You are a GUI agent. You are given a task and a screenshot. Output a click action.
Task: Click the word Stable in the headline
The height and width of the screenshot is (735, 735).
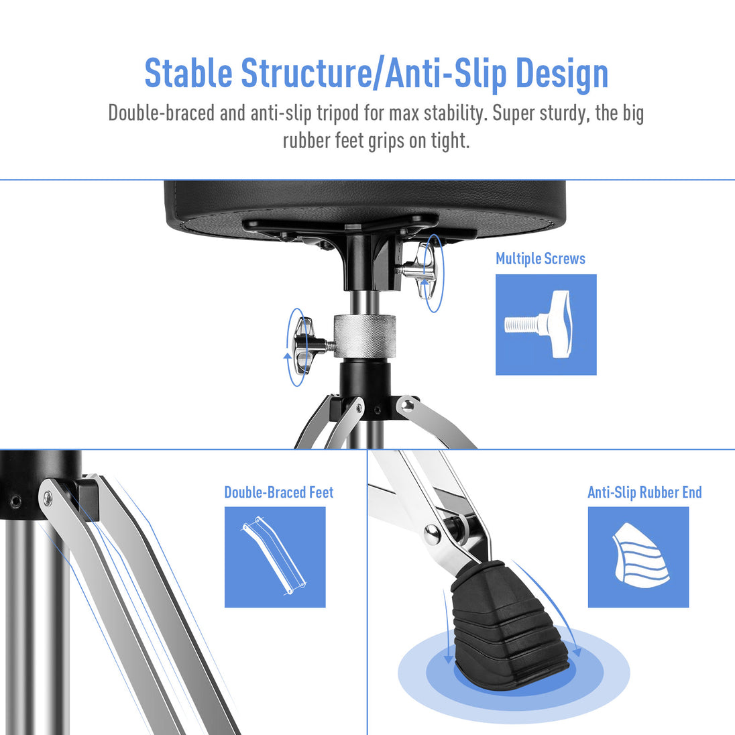tap(188, 73)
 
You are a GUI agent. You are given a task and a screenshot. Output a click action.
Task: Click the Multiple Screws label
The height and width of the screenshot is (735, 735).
tap(541, 259)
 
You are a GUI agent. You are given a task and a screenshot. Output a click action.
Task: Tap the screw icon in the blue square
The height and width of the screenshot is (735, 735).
tap(538, 325)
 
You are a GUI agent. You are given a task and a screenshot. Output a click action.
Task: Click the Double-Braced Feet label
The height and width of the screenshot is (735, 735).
tap(279, 492)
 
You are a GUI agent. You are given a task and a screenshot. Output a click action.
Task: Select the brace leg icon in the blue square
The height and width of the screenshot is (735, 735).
tap(274, 556)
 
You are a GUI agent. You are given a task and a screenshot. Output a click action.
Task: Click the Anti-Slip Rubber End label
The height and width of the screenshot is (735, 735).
tap(644, 492)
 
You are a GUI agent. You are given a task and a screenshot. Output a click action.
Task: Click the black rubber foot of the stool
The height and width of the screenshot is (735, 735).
tap(508, 618)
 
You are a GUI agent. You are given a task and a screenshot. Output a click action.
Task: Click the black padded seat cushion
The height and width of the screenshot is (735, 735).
tap(365, 204)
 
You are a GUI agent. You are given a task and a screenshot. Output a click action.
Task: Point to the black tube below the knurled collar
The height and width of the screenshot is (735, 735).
tap(365, 389)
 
